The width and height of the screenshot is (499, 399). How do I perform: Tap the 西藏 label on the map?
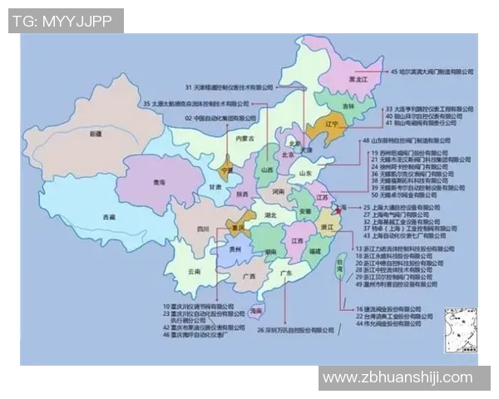109,216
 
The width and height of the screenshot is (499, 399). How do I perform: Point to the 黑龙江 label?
358,79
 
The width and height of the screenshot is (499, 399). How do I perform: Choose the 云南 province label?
194,271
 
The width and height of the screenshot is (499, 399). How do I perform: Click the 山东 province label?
305,173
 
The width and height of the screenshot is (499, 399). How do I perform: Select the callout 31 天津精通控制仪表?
230,86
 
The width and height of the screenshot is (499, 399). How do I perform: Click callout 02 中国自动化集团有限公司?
218,118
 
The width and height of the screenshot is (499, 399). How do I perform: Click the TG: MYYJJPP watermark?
66,21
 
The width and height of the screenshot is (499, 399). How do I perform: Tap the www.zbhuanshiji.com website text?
398,377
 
